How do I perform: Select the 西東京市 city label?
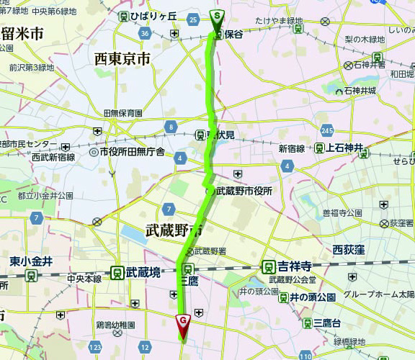[122, 59]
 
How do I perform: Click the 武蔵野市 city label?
[173, 230]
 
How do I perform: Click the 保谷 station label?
[233, 34]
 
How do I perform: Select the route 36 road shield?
[146, 33]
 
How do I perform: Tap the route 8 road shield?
[171, 127]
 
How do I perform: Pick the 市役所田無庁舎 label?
[137, 152]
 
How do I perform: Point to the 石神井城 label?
[360, 91]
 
